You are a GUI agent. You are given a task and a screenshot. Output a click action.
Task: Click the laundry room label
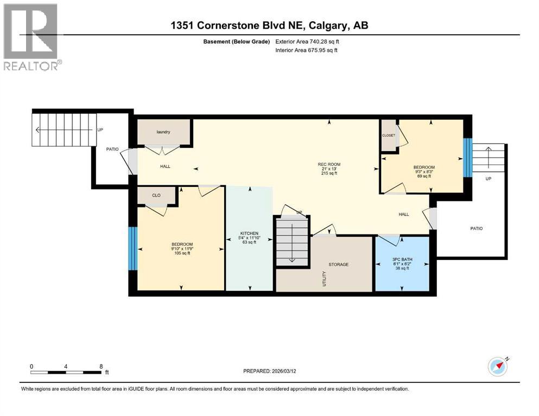click(163, 132)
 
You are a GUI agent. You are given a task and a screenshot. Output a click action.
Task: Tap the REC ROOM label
click(329, 164)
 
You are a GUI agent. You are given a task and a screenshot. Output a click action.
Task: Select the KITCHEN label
click(245, 234)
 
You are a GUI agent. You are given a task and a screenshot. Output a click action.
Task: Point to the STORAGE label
click(338, 264)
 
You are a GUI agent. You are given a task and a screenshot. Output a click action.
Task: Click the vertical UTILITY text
click(325, 278)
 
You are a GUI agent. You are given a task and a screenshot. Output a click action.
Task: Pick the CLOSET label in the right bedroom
click(389, 135)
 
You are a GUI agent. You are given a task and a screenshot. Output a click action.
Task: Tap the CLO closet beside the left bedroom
click(156, 196)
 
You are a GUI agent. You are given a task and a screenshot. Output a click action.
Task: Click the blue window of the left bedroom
click(132, 248)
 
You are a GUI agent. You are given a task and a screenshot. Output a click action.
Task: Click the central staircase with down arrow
click(292, 240)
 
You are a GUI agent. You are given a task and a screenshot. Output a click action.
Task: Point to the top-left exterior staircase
click(64, 129)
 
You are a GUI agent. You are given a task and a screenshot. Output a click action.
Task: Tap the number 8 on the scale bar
click(101, 366)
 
